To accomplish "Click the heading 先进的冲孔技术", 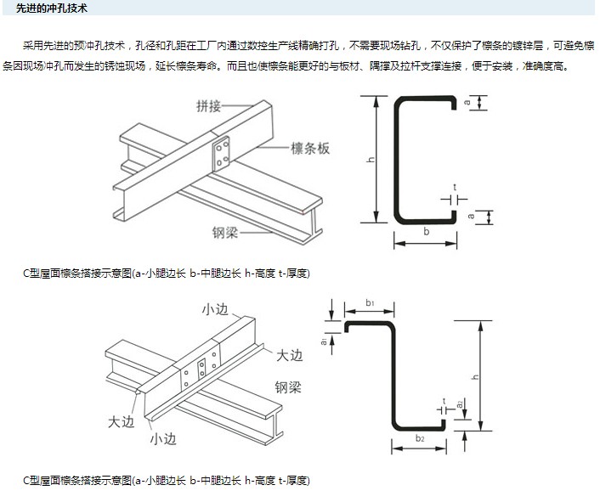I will (x=52, y=8).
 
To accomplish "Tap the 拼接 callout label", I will (x=209, y=106).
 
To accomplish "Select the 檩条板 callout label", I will (x=310, y=149).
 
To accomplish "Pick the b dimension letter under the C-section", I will (x=427, y=230).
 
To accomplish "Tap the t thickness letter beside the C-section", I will (x=455, y=186).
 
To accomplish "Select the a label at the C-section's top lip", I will (x=468, y=103).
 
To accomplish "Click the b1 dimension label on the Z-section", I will (x=370, y=302).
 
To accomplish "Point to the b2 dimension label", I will (x=420, y=437).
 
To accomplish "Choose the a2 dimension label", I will (x=460, y=405).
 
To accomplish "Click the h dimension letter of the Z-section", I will (x=476, y=377).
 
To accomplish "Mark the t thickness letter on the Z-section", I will (x=444, y=399).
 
